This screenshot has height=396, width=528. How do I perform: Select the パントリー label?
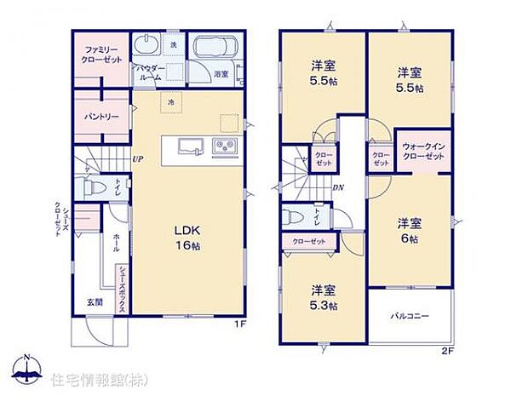[100, 115]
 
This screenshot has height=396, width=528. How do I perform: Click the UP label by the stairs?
[137, 158]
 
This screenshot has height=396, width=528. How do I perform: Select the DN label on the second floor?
[337, 188]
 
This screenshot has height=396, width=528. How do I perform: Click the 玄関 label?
[94, 301]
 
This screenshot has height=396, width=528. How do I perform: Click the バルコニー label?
[410, 317]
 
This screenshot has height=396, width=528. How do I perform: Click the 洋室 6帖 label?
[410, 231]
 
